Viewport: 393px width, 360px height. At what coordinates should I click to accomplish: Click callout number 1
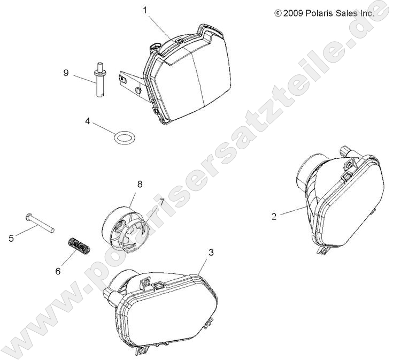coord(145,11)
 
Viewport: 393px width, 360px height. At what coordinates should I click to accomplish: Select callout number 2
coord(274,216)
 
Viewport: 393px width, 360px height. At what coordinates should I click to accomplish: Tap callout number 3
coord(211,252)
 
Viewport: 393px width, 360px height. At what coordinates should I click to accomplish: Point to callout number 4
coord(87,121)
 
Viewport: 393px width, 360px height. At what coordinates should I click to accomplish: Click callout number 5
coord(11,238)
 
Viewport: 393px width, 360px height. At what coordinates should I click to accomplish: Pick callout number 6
coord(58,271)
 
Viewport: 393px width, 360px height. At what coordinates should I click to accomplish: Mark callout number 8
coord(140,184)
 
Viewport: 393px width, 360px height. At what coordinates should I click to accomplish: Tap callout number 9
coord(66,73)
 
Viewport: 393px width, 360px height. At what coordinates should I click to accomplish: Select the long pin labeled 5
coord(40,223)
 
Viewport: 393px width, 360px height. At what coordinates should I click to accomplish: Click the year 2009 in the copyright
coord(293,13)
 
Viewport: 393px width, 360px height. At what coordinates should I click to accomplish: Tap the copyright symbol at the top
coord(278,13)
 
